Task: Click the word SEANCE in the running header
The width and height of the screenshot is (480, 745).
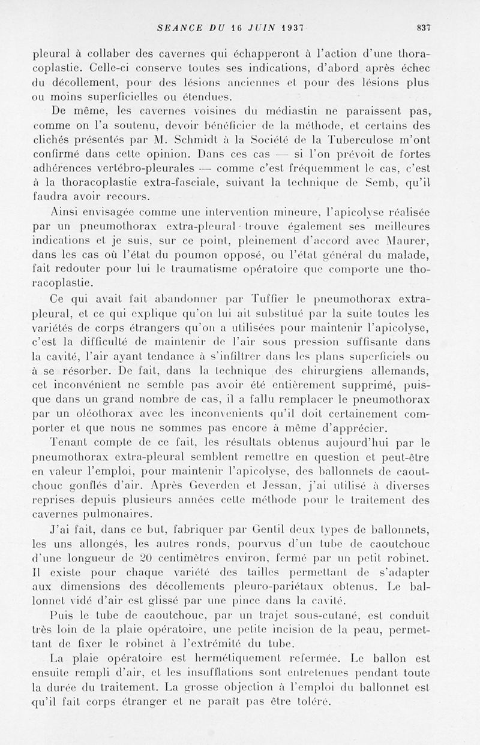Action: (x=177, y=27)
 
